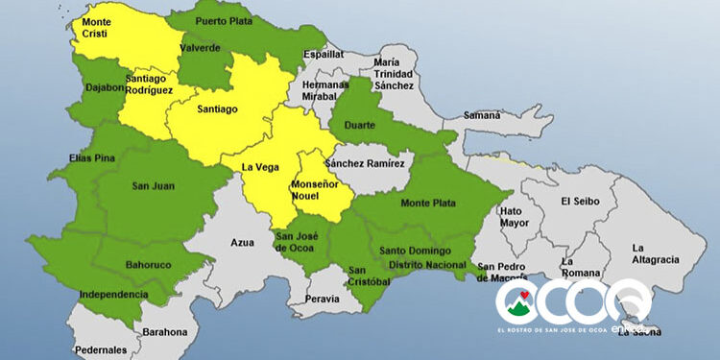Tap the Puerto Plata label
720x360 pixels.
[x=223, y=20]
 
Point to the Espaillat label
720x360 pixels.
[x=324, y=55]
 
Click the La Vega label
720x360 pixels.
[x=259, y=167]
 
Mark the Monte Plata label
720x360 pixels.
[x=427, y=203]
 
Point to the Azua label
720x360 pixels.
[x=242, y=244]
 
